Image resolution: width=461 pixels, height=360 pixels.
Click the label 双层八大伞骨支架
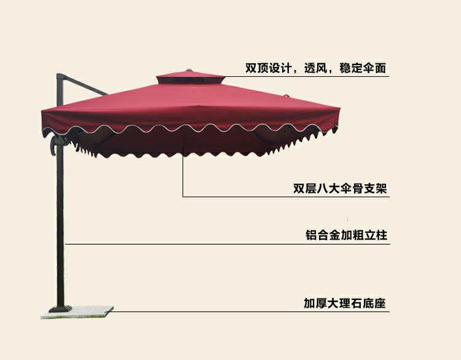tap(340, 189)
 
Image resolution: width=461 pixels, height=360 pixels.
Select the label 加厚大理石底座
tap(345, 303)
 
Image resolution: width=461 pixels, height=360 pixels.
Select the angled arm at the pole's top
tap(85, 85)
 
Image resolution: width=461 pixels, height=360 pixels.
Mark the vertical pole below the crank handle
tap(60, 233)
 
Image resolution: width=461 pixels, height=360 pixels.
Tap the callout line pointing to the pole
tap(184, 244)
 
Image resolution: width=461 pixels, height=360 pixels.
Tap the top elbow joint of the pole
tap(60, 78)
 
